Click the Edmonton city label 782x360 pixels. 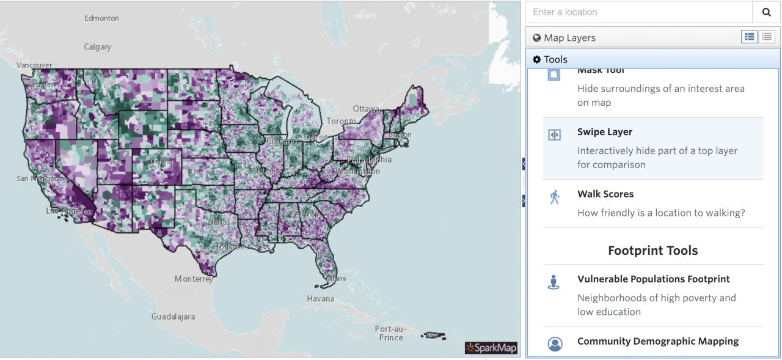pyautogui.click(x=101, y=18)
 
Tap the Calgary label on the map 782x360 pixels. pyautogui.click(x=98, y=47)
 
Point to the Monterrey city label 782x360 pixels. pyautogui.click(x=194, y=279)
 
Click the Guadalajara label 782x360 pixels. pyautogui.click(x=174, y=317)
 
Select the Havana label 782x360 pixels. pyautogui.click(x=321, y=299)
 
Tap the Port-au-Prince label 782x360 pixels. pyautogui.click(x=390, y=333)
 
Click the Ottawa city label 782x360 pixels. pyautogui.click(x=366, y=109)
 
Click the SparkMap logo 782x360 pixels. pyautogui.click(x=491, y=348)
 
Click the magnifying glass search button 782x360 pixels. pyautogui.click(x=766, y=12)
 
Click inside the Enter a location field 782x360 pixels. pyautogui.click(x=638, y=12)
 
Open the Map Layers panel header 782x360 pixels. pyautogui.click(x=569, y=38)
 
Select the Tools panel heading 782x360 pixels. pyautogui.click(x=555, y=59)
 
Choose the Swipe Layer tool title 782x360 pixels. pyautogui.click(x=605, y=132)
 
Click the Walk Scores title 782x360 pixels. pyautogui.click(x=605, y=194)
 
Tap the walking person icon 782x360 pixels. pyautogui.click(x=554, y=197)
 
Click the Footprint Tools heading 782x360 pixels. pyautogui.click(x=652, y=251)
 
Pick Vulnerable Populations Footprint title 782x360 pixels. pyautogui.click(x=653, y=279)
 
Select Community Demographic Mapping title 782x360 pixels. pyautogui.click(x=657, y=341)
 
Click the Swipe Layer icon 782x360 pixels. pyautogui.click(x=554, y=135)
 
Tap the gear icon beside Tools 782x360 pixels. pyautogui.click(x=536, y=59)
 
